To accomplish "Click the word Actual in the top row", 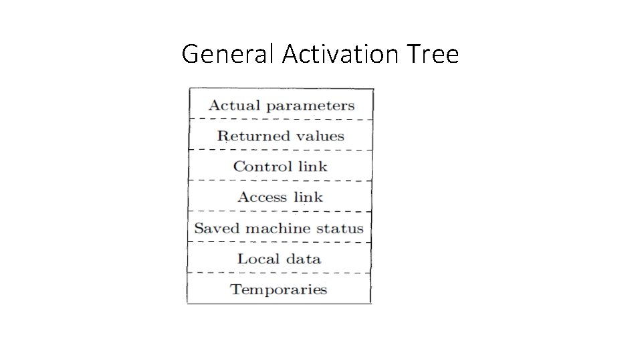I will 230,105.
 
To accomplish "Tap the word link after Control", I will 312,166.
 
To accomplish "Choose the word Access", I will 262,197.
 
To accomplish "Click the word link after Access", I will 308,197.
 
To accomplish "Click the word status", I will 340,228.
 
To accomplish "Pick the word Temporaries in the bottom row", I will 279,289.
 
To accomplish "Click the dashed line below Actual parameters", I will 281,120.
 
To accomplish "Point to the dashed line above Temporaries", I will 281,273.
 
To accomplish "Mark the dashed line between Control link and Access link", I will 281,180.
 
